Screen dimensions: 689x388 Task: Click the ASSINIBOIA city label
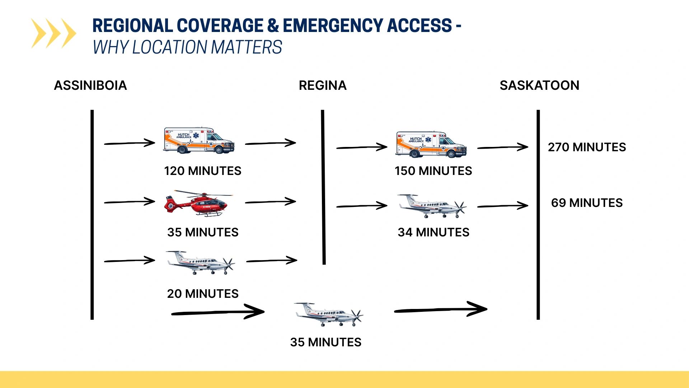(90, 86)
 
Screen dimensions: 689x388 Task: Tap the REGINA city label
(323, 86)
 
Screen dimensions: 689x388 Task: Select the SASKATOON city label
(539, 86)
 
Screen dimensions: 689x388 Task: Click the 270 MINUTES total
(587, 147)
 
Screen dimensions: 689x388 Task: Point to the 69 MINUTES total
(587, 203)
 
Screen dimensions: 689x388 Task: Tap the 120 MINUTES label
(203, 171)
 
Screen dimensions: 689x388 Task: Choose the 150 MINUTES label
(433, 171)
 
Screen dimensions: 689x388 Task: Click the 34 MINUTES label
(433, 232)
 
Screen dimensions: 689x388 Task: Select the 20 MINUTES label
(203, 294)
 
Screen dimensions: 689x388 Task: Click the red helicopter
(198, 203)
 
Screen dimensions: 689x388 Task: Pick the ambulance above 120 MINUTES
(199, 140)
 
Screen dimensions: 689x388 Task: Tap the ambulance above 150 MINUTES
(431, 144)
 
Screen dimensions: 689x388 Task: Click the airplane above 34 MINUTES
(432, 206)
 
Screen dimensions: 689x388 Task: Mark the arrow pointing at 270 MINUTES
(503, 147)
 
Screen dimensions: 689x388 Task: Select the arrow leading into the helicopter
(130, 202)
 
